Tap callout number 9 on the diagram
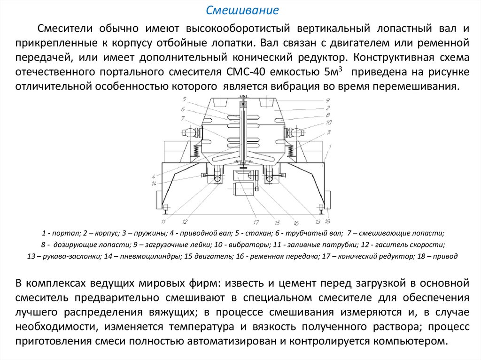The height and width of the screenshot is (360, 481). [328, 100]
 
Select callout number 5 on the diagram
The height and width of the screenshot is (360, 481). [185, 99]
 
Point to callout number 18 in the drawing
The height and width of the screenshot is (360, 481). [327, 221]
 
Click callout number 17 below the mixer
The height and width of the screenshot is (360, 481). [256, 222]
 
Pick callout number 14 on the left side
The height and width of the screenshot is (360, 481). [154, 183]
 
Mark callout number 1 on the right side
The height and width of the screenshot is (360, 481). [330, 146]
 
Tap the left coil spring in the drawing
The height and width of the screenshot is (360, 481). [195, 151]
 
